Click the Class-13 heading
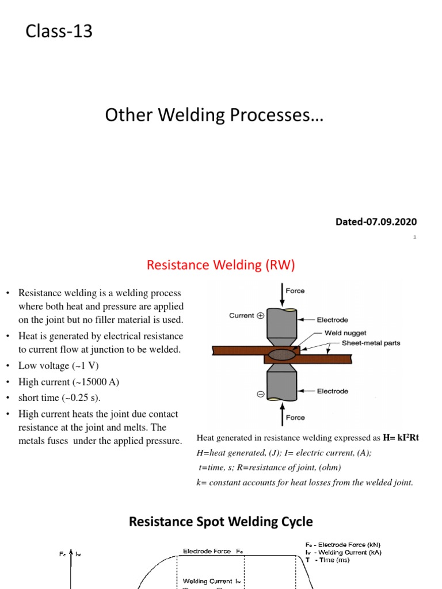[x=59, y=32]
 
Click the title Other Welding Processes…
[x=214, y=115]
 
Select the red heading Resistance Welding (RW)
[x=220, y=265]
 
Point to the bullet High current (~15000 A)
[x=62, y=382]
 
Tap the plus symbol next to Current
[x=260, y=316]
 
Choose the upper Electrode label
[x=333, y=320]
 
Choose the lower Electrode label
[x=333, y=391]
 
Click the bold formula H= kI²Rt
[x=401, y=438]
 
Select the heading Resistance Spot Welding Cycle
[x=221, y=522]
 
